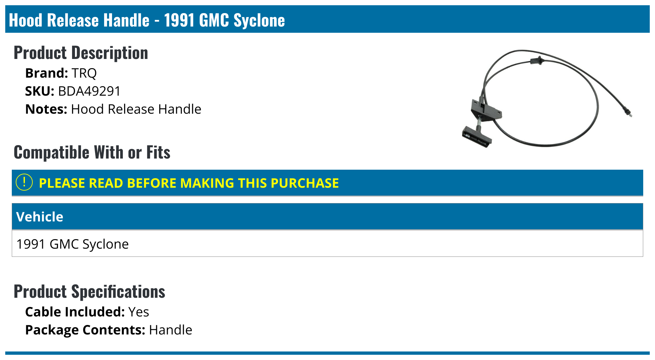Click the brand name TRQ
(x=84, y=73)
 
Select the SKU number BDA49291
(x=89, y=91)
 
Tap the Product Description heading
(x=81, y=53)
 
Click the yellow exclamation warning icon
(x=24, y=182)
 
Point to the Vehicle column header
(x=40, y=217)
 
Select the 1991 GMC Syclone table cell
(x=72, y=244)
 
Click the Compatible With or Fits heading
(x=92, y=152)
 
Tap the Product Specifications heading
(x=89, y=292)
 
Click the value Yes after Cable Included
(x=139, y=312)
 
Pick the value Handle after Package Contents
(x=170, y=330)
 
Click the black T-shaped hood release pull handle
(x=477, y=137)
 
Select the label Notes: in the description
(x=46, y=109)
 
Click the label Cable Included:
(x=75, y=312)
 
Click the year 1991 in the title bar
(x=179, y=20)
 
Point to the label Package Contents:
(x=85, y=330)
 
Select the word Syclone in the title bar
(x=259, y=20)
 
